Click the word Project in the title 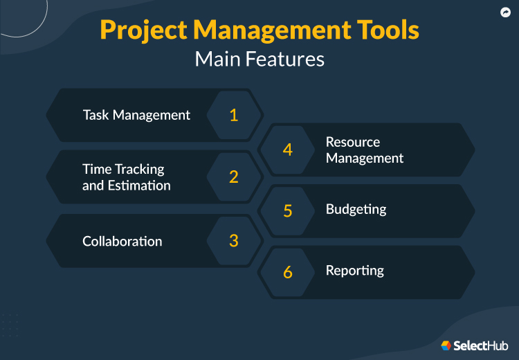[144, 30]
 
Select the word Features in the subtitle [284, 59]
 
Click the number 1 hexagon [234, 115]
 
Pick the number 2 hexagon [234, 177]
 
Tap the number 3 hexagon [234, 240]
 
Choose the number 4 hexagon [288, 150]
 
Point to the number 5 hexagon [288, 211]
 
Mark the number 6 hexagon [288, 272]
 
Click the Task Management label [136, 115]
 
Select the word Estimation [139, 185]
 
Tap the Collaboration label [122, 241]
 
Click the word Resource [353, 142]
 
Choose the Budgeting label [356, 210]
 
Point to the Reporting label [355, 271]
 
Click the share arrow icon [505, 12]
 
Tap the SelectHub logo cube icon [446, 345]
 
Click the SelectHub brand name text [481, 345]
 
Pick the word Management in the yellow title [272, 30]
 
